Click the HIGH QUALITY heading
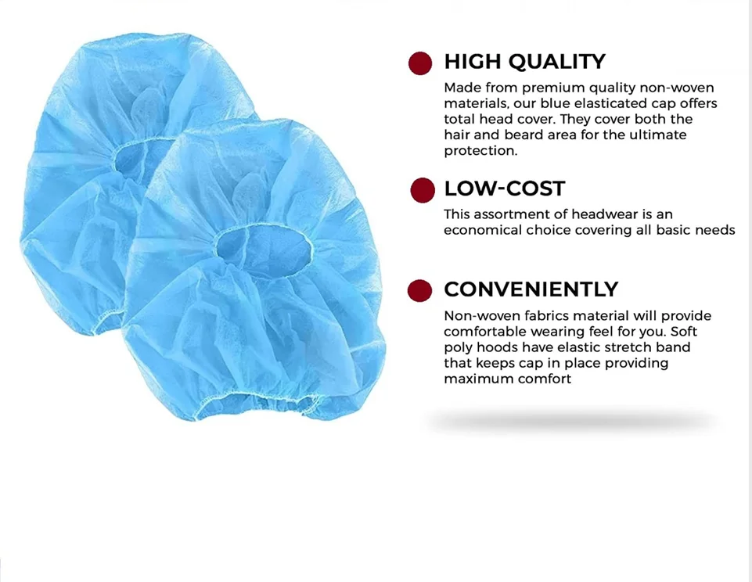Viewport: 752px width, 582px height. coord(524,62)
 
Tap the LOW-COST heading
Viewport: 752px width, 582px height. coord(504,189)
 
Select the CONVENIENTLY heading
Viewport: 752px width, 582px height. coord(531,289)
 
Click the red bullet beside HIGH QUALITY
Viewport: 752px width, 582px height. coord(420,63)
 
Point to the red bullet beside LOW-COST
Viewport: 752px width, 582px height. coord(423,189)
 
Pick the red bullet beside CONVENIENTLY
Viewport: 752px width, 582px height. coord(420,290)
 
